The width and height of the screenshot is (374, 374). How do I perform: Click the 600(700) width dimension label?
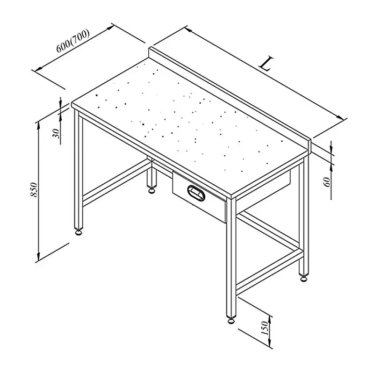point(73,41)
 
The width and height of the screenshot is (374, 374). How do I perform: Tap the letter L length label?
point(266,64)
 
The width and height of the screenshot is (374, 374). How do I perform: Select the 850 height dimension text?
point(34,190)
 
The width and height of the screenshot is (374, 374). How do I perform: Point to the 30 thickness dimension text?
point(56,133)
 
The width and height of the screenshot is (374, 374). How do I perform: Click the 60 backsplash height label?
point(327,182)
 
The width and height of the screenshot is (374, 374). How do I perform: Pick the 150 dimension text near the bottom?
point(265,328)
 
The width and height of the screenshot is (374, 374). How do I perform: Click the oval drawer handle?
point(196,193)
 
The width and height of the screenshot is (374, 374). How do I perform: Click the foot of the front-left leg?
point(79,231)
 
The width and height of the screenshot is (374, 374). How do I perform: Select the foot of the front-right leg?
point(231,320)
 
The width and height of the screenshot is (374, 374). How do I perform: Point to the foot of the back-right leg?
point(303,278)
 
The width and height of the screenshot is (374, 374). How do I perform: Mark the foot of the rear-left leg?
point(151,190)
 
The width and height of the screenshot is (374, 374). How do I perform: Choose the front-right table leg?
point(231,258)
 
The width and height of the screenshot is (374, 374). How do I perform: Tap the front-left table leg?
point(79,169)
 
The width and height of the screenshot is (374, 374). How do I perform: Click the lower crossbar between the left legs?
point(117,182)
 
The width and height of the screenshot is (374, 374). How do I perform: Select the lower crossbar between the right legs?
point(270,272)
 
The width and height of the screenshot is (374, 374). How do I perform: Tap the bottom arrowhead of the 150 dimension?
point(270,343)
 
